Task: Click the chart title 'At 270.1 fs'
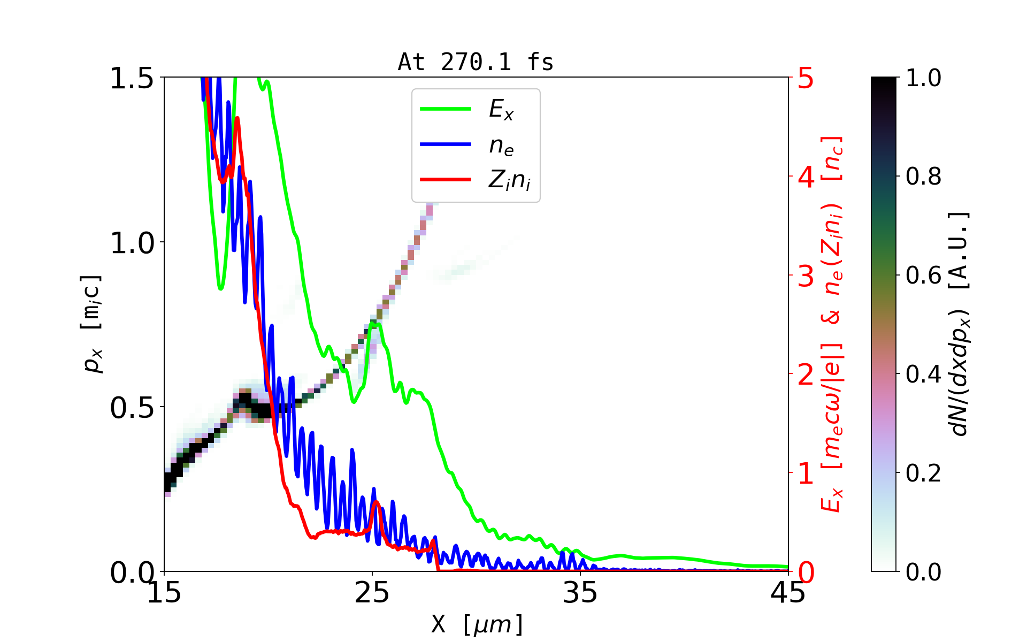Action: click(x=476, y=62)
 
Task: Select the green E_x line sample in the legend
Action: click(x=445, y=109)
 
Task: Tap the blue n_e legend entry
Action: click(x=501, y=145)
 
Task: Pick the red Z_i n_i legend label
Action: click(x=510, y=180)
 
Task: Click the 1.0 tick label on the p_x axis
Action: click(x=132, y=243)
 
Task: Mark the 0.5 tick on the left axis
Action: click(x=132, y=408)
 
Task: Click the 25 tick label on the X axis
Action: click(x=372, y=593)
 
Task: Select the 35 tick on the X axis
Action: click(x=580, y=593)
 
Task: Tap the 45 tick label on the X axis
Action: click(x=788, y=593)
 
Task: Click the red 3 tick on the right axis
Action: click(x=806, y=276)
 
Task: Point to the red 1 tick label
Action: click(x=806, y=473)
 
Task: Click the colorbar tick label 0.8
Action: click(x=923, y=176)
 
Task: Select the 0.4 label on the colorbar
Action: click(x=923, y=374)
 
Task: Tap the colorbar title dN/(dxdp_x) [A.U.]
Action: click(x=960, y=324)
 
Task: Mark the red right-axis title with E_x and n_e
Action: click(x=832, y=324)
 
